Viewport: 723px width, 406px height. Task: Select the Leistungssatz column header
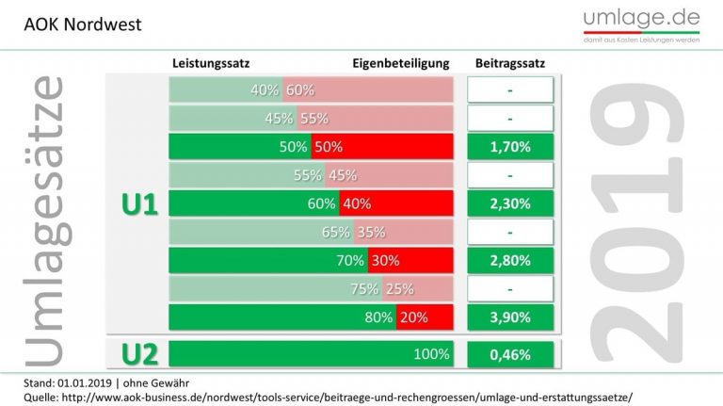point(211,63)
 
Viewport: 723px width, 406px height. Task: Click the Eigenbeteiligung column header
point(401,63)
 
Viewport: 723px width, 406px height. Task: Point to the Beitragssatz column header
point(509,63)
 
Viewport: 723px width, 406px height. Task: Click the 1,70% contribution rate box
point(509,148)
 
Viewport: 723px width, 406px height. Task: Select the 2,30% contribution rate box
point(509,204)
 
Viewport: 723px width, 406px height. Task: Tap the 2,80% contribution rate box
point(509,261)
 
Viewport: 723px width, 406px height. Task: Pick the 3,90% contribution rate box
point(509,317)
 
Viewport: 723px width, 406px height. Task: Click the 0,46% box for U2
point(509,355)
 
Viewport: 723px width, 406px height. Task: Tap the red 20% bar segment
point(424,317)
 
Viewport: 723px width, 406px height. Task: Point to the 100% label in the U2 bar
point(432,355)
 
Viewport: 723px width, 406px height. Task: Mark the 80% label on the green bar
point(378,317)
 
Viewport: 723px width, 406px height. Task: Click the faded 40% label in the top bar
point(265,91)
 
